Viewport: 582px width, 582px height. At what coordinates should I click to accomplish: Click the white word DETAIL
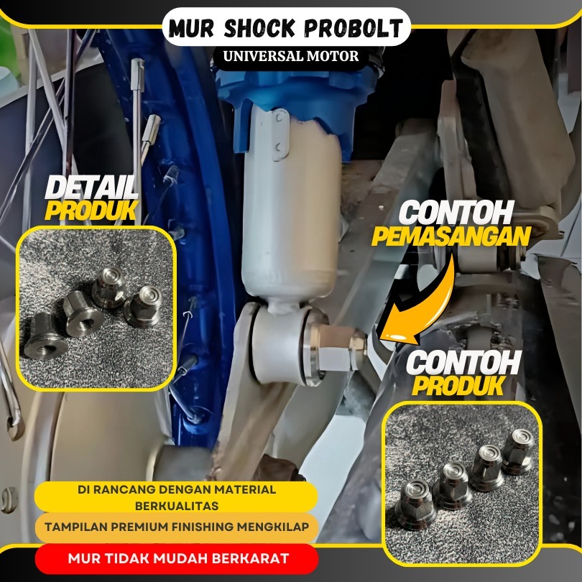[91, 188]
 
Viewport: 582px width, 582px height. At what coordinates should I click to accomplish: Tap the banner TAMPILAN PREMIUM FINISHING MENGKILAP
[177, 527]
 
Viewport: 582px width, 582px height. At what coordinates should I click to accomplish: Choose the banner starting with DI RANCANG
[177, 496]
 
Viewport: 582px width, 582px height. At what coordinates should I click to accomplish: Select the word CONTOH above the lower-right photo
[463, 364]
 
